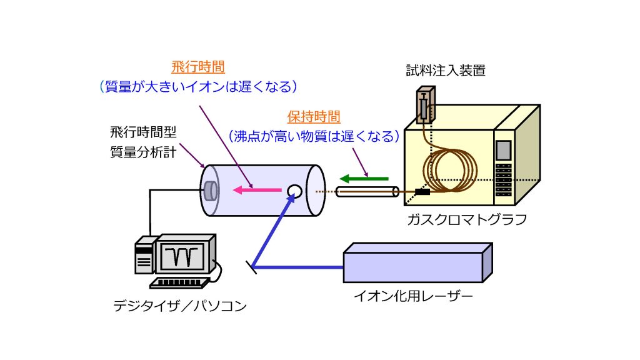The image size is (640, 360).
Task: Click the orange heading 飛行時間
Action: point(198,66)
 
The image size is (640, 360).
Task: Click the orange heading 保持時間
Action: point(314,117)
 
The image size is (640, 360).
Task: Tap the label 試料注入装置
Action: point(446,70)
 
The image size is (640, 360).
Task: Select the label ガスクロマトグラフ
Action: point(467,219)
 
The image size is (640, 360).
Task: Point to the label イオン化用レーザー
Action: point(413,296)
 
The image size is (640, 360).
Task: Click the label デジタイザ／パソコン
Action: point(180,306)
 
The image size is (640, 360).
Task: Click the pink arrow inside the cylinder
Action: point(257,190)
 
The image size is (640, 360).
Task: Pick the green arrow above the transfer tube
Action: point(364,178)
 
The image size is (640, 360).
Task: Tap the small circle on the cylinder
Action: point(294,191)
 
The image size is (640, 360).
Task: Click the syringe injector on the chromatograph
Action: point(426,105)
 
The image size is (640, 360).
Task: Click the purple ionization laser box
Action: point(418,262)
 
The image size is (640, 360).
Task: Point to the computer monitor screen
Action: point(182,256)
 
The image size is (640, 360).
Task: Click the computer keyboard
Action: point(180,282)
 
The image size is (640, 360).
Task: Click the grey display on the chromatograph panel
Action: point(504,150)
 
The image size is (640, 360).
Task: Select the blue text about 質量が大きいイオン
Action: point(198,86)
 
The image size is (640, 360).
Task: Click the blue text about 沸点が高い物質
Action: point(314,136)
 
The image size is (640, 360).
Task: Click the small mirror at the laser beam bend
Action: point(251,267)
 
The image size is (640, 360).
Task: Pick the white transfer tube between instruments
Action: point(367,191)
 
